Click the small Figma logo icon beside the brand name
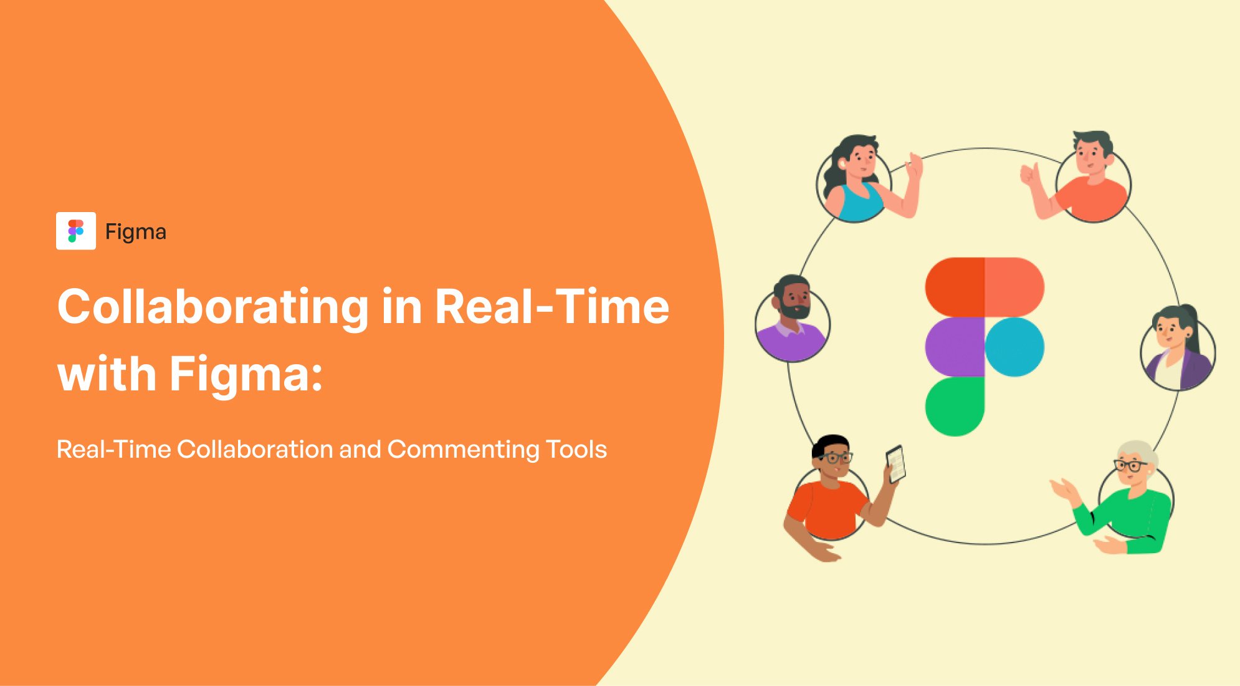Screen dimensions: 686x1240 point(75,231)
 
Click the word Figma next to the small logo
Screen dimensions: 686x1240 point(135,232)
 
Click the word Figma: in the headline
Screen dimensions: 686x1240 point(246,374)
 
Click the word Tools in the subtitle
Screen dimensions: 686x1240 point(576,450)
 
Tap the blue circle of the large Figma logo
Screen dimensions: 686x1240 point(1014,347)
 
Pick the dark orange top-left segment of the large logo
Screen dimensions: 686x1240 point(955,287)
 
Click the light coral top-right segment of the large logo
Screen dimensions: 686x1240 point(1014,287)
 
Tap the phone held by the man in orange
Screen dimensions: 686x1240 point(895,463)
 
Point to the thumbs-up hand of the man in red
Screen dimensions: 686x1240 point(1030,175)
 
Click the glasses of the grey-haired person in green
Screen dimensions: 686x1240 point(1130,465)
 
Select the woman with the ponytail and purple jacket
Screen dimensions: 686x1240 point(1177,349)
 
